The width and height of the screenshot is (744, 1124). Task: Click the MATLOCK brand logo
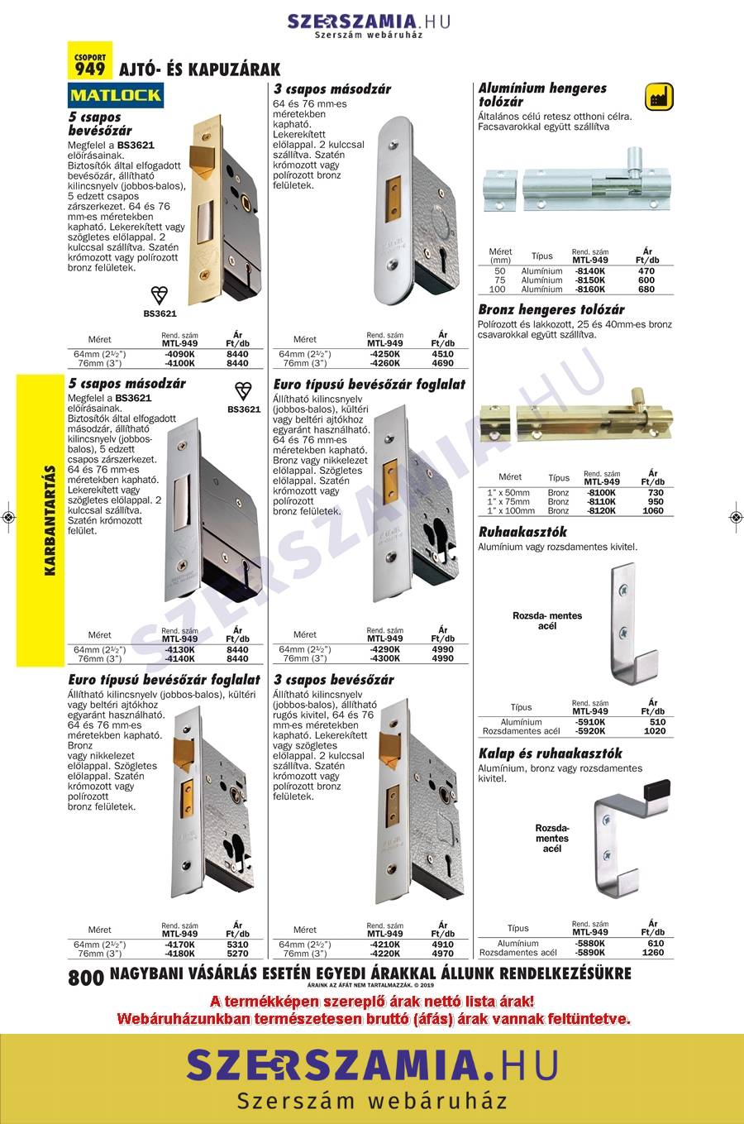[115, 95]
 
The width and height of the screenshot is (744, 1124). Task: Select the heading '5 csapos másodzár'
[127, 384]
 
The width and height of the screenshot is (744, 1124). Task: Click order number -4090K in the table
[179, 354]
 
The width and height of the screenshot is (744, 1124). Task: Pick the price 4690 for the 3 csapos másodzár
[442, 363]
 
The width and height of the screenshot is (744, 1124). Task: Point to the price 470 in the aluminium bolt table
[646, 270]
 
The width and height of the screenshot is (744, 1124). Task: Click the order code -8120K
[601, 511]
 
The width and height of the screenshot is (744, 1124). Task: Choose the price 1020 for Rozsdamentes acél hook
[654, 731]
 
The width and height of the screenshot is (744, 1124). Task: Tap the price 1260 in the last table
[653, 953]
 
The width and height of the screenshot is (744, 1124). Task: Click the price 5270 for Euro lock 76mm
[237, 954]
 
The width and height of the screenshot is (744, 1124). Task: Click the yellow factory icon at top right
[659, 95]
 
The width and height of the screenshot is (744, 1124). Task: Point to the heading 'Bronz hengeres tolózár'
[551, 310]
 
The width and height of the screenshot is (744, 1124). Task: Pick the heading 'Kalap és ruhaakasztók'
[550, 753]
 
